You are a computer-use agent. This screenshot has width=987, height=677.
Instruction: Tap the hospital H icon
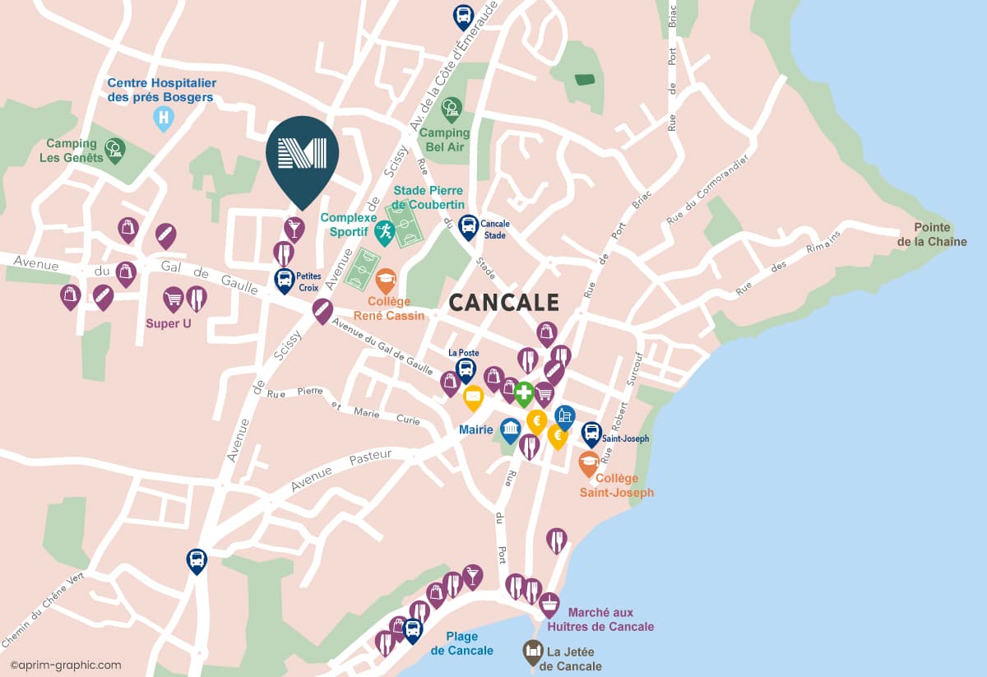(164, 118)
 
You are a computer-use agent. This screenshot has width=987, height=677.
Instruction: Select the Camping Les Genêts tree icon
(115, 149)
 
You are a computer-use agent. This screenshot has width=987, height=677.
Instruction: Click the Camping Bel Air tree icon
(451, 107)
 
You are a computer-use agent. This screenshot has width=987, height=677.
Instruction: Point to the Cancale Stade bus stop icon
(468, 225)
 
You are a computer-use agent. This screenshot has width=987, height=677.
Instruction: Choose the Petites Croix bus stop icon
(284, 279)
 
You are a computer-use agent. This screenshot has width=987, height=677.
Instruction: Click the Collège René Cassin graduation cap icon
(386, 281)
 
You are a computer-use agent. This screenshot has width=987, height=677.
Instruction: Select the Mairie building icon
(510, 429)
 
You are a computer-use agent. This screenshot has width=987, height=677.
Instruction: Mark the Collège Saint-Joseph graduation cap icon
(589, 462)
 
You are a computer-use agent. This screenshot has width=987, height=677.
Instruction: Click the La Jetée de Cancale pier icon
(534, 651)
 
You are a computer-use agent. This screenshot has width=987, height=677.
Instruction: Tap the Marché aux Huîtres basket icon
(549, 603)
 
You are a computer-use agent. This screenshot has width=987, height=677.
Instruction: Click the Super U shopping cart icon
(173, 298)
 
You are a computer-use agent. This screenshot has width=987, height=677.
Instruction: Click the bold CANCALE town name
(503, 303)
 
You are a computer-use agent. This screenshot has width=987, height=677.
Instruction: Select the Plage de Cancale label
(461, 643)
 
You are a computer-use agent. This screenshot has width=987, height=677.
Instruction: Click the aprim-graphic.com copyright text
(66, 665)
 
